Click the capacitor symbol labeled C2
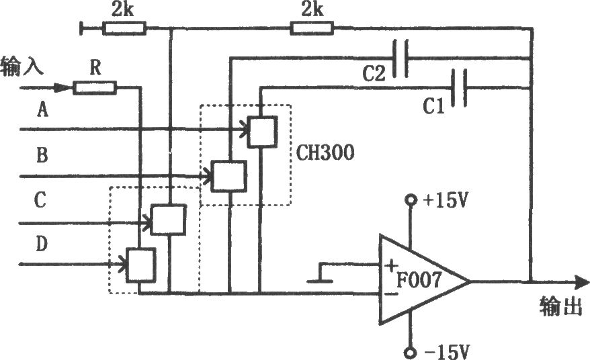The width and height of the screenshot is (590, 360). coord(400,59)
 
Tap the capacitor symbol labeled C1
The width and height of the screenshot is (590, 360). coord(460,88)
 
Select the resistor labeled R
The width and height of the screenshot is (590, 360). coord(95,88)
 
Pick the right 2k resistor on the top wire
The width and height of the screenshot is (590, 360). coord(312,28)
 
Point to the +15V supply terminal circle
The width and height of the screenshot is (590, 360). coord(411,199)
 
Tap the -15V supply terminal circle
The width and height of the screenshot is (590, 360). coord(410,353)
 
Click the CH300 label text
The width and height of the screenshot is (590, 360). coord(325,154)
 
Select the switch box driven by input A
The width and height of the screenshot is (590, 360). coord(262,131)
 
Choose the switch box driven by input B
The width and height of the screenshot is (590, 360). coord(228,176)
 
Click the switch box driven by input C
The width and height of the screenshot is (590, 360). coord(168,220)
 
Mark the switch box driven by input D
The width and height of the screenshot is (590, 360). coord(140,265)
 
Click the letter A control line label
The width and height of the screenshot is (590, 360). coord(42,110)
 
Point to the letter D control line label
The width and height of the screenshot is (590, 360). coord(42,244)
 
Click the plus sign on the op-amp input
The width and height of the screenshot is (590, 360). coord(391,266)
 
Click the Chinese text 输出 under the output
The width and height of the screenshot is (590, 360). coord(560,306)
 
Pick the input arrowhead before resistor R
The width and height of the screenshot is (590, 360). coord(62,88)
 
